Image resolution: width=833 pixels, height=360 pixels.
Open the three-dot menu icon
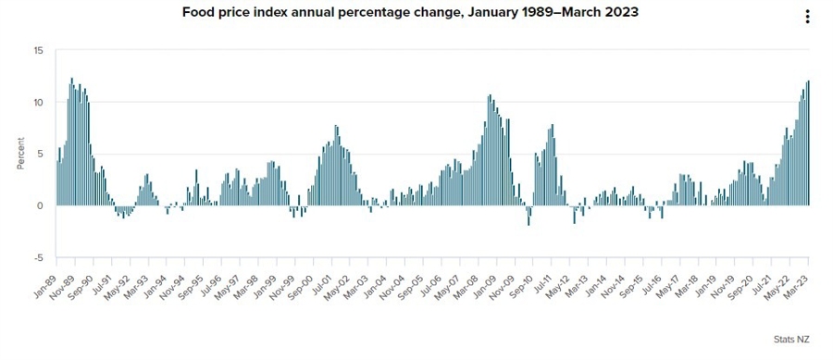[x=807, y=17]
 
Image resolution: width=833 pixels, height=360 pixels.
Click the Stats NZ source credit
[x=792, y=341]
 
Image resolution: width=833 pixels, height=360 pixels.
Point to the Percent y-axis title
[x=19, y=154]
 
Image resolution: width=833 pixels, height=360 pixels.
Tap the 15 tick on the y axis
[x=38, y=50]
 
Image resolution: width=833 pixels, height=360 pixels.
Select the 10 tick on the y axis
[x=38, y=102]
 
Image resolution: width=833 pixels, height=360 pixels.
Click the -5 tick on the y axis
[x=39, y=257]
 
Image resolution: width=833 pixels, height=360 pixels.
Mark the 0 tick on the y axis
[x=41, y=205]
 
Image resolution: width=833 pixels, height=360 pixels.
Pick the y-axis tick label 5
[x=41, y=154]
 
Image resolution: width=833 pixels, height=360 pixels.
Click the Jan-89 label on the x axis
[x=44, y=279]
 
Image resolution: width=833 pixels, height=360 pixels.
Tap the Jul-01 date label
[x=321, y=279]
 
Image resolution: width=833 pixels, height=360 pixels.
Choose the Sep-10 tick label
[x=520, y=279]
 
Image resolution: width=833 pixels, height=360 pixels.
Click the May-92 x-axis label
[x=117, y=279]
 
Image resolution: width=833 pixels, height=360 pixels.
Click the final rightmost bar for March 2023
[x=808, y=143]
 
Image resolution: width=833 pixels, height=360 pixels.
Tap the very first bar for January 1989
[x=56, y=183]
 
